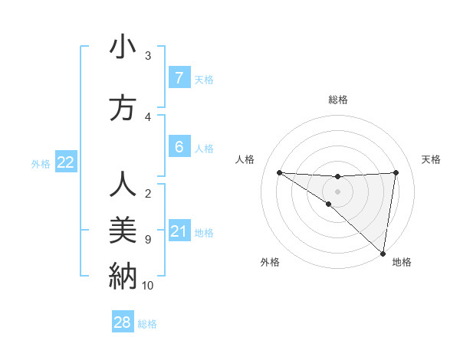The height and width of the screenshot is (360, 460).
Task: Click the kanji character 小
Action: (x=123, y=48)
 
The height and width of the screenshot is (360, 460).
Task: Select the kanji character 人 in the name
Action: (x=123, y=185)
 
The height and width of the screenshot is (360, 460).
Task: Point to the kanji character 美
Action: (x=123, y=230)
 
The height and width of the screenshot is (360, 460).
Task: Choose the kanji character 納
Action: (x=123, y=274)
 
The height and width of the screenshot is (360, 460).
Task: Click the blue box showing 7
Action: (x=179, y=77)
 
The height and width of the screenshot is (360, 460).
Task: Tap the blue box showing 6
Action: (x=179, y=146)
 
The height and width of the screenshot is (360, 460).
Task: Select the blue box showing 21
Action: (x=179, y=231)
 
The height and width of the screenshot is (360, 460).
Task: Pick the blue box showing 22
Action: (x=65, y=162)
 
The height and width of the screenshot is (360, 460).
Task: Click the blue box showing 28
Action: (x=123, y=322)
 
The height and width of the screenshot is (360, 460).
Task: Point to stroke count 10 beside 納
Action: (x=148, y=286)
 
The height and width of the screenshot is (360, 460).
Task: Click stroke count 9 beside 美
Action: (x=148, y=240)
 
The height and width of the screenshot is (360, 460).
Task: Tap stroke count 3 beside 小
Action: (x=148, y=55)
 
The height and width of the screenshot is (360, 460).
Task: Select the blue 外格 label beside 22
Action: (x=41, y=163)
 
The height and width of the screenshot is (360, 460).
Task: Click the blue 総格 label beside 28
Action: (x=147, y=324)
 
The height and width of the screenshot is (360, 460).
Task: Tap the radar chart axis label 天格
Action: (x=431, y=159)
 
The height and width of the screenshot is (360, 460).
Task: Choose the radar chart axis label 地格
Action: (x=402, y=262)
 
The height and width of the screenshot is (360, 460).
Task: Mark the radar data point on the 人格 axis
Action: (x=279, y=172)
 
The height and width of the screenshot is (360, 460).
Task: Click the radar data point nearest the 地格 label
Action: (x=383, y=253)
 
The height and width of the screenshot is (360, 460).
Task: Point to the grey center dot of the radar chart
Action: (x=337, y=190)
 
